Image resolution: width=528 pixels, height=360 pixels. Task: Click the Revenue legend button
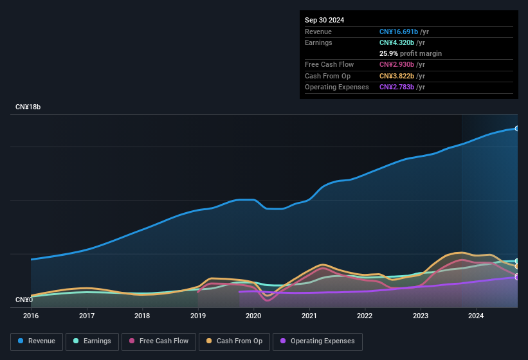pyautogui.click(x=37, y=341)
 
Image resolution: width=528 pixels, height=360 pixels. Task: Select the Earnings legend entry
pyautogui.click(x=92, y=341)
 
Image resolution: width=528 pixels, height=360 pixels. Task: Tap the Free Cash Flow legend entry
pyautogui.click(x=159, y=341)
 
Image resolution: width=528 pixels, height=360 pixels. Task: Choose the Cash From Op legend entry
pyautogui.click(x=233, y=341)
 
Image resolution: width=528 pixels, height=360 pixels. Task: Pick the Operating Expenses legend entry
pyautogui.click(x=318, y=341)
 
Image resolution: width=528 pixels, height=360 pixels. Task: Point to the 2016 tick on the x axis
pyautogui.click(x=31, y=316)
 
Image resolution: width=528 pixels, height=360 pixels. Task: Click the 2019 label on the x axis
pyautogui.click(x=198, y=316)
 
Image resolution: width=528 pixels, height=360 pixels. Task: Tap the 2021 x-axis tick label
pyautogui.click(x=309, y=316)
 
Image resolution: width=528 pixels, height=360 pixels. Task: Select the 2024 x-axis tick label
pyautogui.click(x=476, y=316)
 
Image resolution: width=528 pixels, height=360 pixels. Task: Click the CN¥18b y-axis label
pyautogui.click(x=28, y=107)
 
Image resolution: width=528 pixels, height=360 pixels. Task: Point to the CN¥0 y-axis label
pyautogui.click(x=24, y=300)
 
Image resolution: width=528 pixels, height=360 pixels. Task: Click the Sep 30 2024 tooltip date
pyautogui.click(x=324, y=20)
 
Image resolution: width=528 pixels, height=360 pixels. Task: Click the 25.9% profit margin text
pyautogui.click(x=410, y=53)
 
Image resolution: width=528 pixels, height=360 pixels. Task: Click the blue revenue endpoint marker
pyautogui.click(x=517, y=129)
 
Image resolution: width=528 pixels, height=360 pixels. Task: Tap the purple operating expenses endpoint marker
pyautogui.click(x=517, y=277)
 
